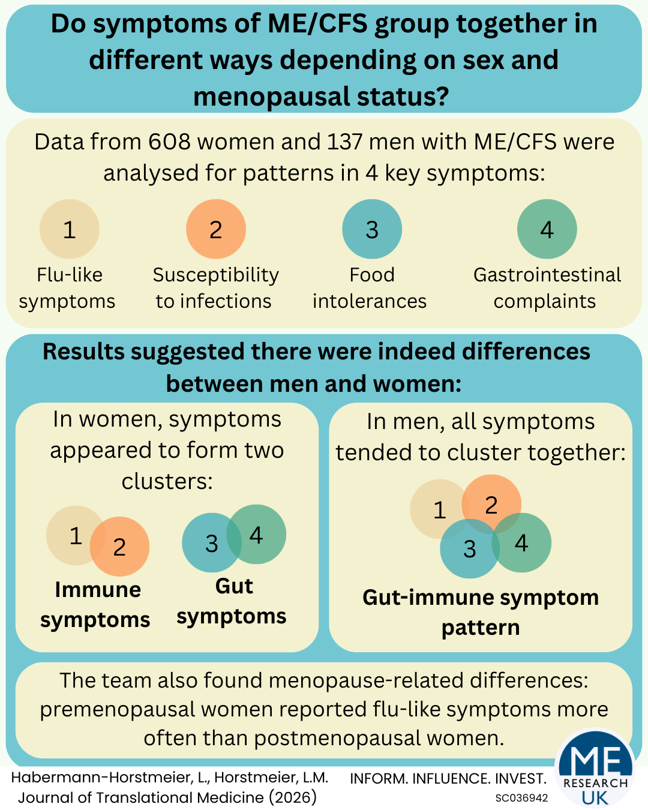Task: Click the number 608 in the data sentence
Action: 169,142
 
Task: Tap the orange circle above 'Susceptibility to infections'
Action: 216,229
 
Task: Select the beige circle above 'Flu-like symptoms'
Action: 70,229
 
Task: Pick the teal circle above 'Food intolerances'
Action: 372,229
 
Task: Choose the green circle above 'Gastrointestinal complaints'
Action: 547,229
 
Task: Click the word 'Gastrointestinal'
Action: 547,275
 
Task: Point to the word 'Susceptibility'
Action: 216,276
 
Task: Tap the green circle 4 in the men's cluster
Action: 521,542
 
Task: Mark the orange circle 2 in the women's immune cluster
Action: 120,547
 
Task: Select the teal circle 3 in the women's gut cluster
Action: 212,543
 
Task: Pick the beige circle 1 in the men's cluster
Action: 440,509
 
